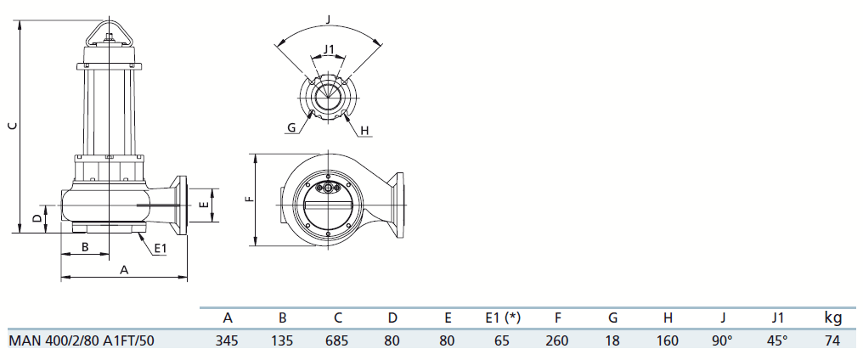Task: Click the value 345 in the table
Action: pos(227,340)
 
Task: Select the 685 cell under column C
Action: pos(337,340)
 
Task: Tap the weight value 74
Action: pos(833,340)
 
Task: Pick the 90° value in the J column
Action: pos(723,340)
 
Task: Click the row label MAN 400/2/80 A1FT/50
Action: pos(82,340)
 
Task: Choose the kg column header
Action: pos(833,318)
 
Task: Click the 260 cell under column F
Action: pos(557,340)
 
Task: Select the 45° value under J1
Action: pos(778,340)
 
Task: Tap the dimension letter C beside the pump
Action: pos(14,126)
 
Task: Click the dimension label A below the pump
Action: pos(124,270)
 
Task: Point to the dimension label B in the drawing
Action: pos(85,246)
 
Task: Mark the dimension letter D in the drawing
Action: pos(37,218)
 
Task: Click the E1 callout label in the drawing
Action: pos(160,249)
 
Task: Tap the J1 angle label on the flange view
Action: pos(329,49)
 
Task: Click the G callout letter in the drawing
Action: pos(291,128)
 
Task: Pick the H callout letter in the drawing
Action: pos(364,131)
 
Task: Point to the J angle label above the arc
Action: pos(329,19)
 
